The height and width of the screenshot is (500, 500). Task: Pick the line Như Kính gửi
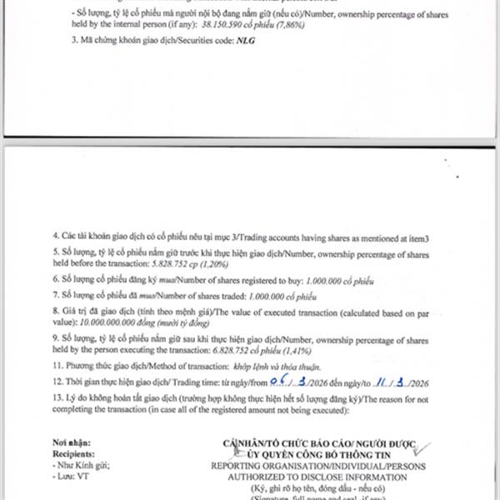pos(80,466)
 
